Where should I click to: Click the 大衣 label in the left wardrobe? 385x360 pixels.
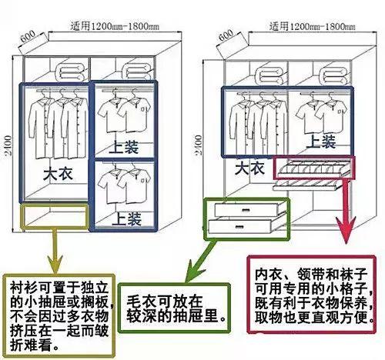pos(58,174)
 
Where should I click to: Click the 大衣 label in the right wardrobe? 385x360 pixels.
pos(249,168)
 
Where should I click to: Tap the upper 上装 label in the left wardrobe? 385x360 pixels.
pos(124,147)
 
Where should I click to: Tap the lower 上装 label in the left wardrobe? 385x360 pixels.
pos(126,218)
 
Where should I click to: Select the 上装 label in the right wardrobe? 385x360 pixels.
pos(321,142)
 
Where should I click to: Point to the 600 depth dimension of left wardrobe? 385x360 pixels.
pos(28,36)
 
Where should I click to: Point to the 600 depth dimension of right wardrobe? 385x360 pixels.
pos(226,35)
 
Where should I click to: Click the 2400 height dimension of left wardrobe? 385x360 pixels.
pos(8,146)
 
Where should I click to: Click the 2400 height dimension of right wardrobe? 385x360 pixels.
pos(199,145)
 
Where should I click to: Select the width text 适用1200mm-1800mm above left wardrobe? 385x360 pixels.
pos(115,26)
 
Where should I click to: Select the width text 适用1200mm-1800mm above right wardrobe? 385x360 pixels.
pos(313,26)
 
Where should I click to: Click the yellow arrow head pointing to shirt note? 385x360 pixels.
pos(55,264)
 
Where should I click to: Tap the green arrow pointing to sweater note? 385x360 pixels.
pos(202,261)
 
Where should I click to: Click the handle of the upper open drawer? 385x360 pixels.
pos(246,210)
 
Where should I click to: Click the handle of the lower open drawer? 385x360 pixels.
pos(239,227)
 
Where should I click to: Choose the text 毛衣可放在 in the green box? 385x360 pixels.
pos(165,302)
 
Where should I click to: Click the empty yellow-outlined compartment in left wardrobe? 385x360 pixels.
pos(55,215)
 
